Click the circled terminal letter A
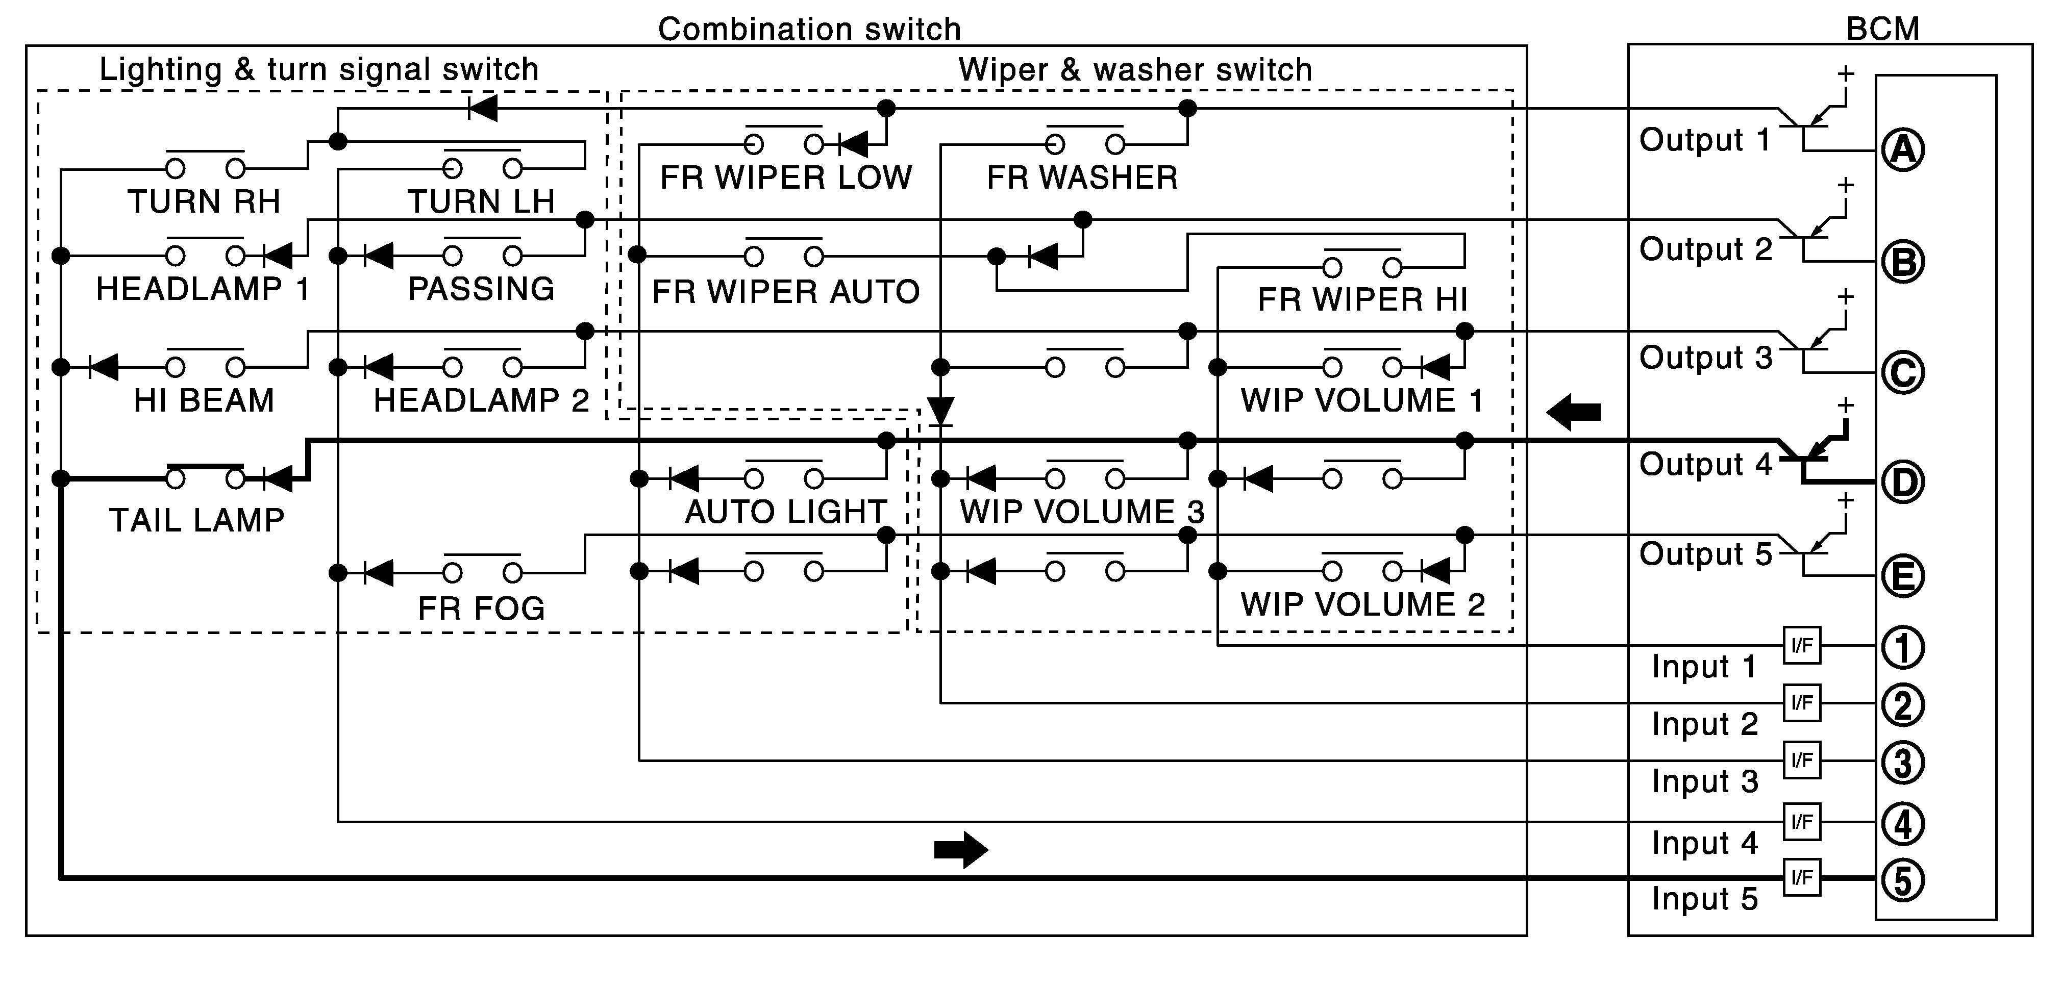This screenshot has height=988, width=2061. [x=1903, y=149]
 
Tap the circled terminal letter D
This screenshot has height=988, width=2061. [x=1903, y=483]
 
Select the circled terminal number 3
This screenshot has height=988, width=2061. [x=1903, y=763]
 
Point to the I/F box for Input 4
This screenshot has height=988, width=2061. [x=1802, y=822]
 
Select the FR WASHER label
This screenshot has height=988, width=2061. [x=1082, y=178]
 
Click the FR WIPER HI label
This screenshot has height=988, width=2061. [x=1362, y=300]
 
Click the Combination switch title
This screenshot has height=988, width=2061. [x=809, y=30]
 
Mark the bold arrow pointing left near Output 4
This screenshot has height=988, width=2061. [x=1573, y=412]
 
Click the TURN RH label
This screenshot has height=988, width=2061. [x=204, y=201]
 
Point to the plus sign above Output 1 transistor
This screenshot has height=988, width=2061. [x=1845, y=73]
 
